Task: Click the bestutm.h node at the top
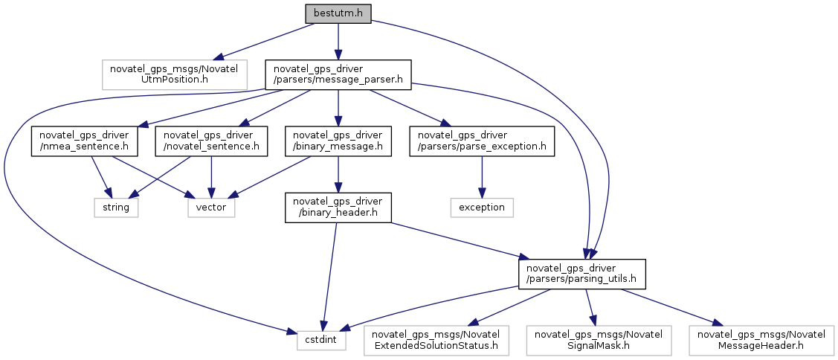(338, 14)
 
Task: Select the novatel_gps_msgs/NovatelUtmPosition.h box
(174, 74)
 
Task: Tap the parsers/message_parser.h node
(338, 74)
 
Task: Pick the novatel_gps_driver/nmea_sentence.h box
(84, 141)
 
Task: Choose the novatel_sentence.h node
(212, 141)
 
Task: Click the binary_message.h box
(338, 141)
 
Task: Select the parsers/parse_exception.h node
(482, 141)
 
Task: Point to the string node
(117, 208)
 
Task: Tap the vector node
(212, 208)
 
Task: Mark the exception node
(482, 208)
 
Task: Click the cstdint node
(322, 341)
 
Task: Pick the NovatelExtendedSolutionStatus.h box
(436, 341)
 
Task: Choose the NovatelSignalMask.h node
(599, 341)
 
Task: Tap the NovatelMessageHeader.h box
(761, 341)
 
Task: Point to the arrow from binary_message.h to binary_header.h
(338, 175)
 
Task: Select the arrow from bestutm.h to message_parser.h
(338, 42)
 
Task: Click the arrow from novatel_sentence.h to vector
(212, 178)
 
